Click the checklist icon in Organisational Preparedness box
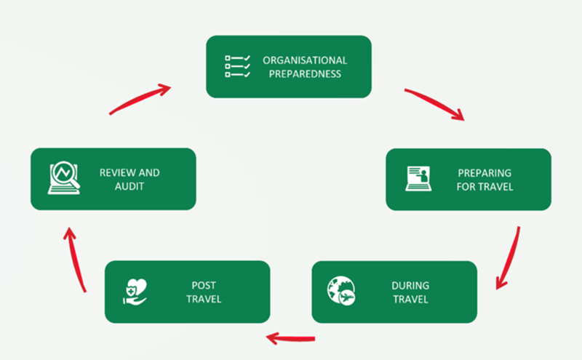[x=238, y=65]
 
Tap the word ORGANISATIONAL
[x=305, y=60]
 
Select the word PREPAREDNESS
[x=305, y=73]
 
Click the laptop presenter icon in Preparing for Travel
[x=418, y=179]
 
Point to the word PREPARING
[x=485, y=173]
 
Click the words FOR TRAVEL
[x=485, y=187]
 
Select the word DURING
[x=410, y=285]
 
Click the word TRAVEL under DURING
[x=410, y=299]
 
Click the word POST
[x=204, y=285]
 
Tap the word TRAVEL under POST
[x=204, y=299]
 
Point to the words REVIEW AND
[x=129, y=173]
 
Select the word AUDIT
[x=129, y=187]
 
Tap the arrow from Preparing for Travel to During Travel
[x=510, y=258]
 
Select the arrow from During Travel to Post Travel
[x=290, y=337]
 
